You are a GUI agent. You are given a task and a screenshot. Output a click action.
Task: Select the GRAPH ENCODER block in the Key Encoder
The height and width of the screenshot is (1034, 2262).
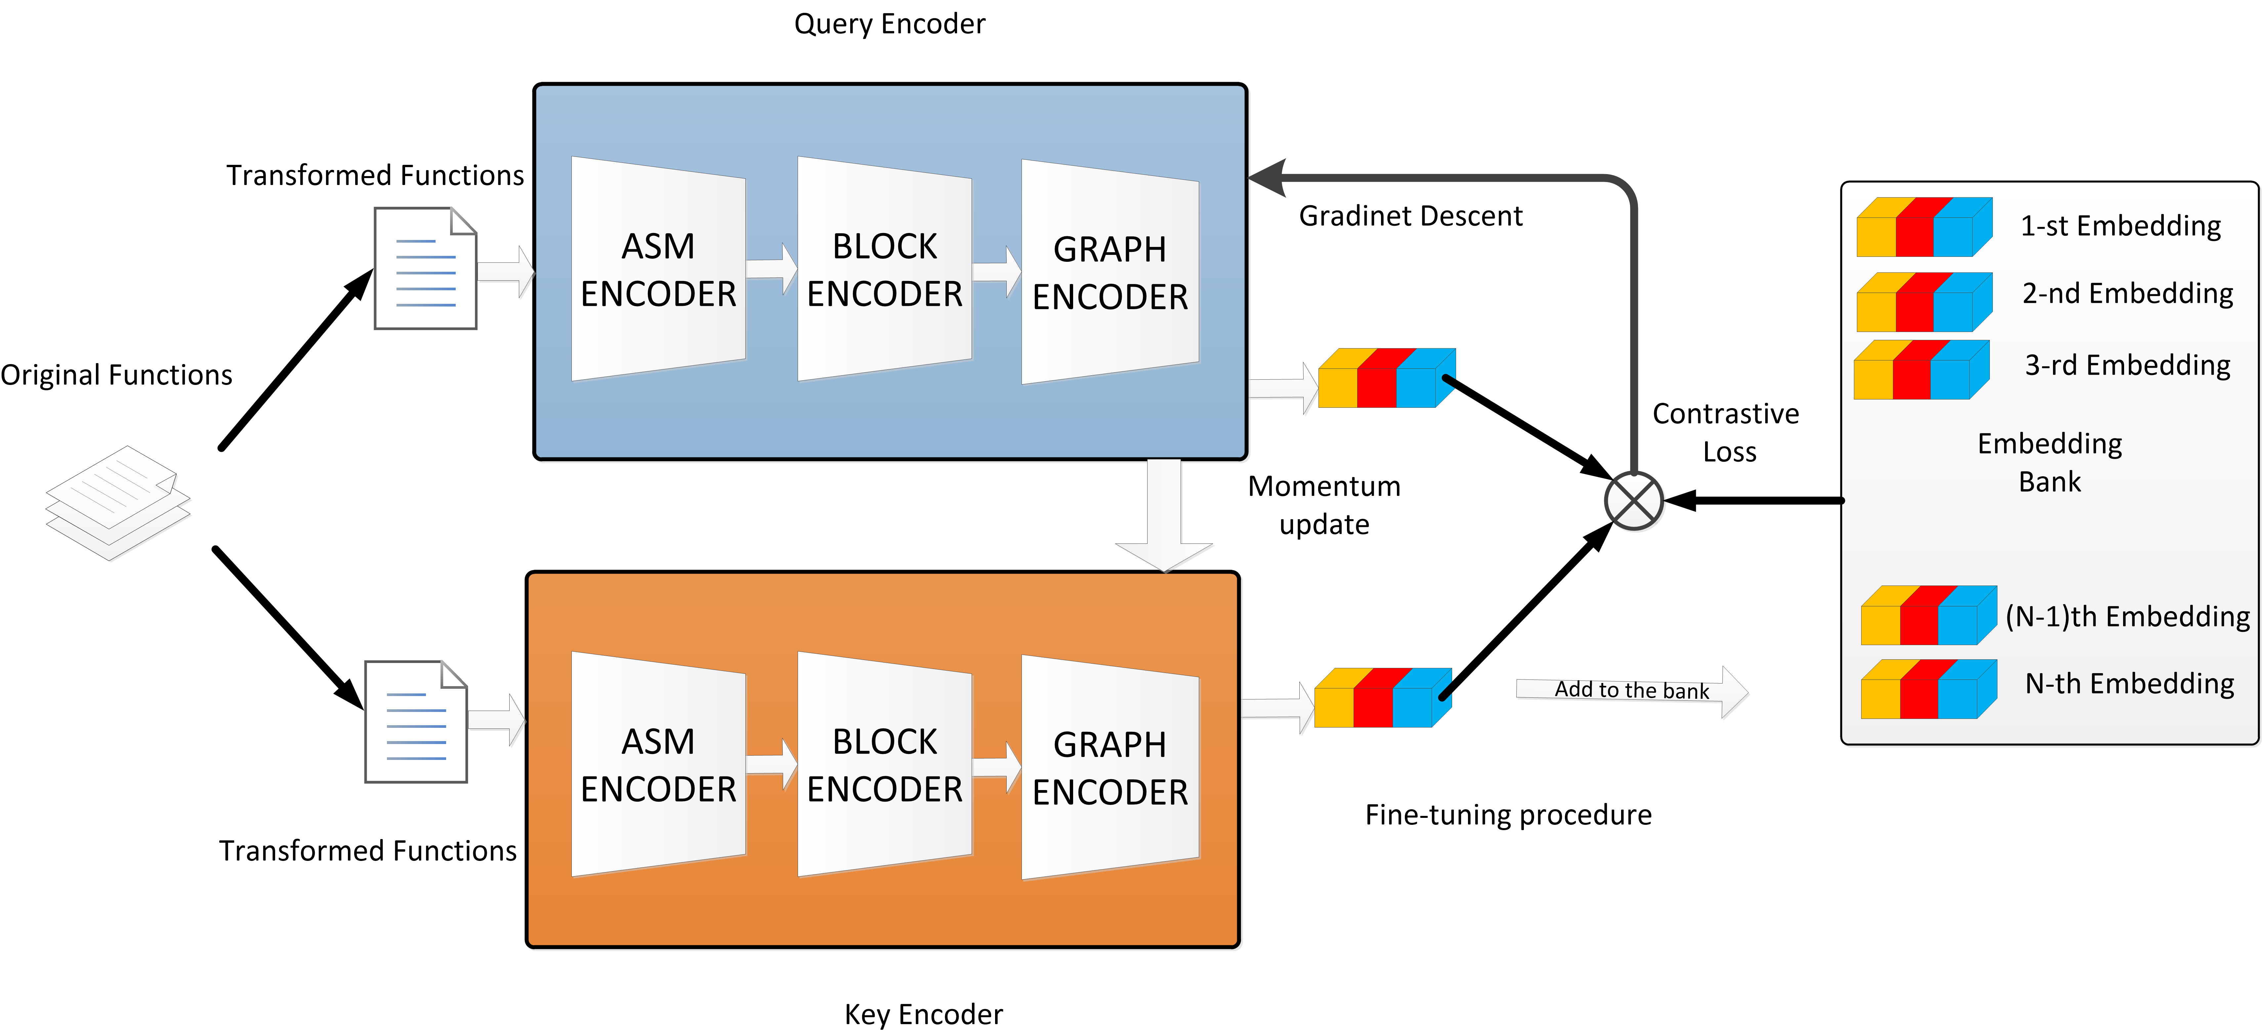(1110, 767)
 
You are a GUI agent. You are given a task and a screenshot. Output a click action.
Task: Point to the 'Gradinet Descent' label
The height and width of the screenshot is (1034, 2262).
(1410, 216)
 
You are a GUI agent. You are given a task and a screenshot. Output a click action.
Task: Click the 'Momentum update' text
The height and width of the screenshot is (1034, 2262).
(1324, 505)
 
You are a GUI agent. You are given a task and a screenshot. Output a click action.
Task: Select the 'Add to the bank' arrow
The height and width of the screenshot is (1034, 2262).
(1632, 690)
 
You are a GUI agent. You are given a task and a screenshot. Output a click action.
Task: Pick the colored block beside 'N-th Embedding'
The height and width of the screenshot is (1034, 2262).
(1927, 690)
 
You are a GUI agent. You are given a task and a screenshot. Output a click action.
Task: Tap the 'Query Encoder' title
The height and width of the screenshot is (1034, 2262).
(890, 24)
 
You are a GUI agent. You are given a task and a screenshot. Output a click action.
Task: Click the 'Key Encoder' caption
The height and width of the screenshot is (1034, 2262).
(923, 1015)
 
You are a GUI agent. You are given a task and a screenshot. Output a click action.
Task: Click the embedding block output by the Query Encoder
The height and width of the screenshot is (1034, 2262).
(1386, 379)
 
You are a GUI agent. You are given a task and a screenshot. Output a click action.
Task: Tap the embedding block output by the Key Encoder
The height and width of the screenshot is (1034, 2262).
(1382, 698)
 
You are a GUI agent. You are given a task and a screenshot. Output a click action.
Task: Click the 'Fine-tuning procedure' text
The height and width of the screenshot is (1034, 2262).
(1508, 815)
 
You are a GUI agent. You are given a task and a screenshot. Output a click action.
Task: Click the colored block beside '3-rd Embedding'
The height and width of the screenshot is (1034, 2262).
(1920, 370)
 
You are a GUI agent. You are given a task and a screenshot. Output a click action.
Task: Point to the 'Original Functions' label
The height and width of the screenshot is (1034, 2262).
(116, 375)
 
